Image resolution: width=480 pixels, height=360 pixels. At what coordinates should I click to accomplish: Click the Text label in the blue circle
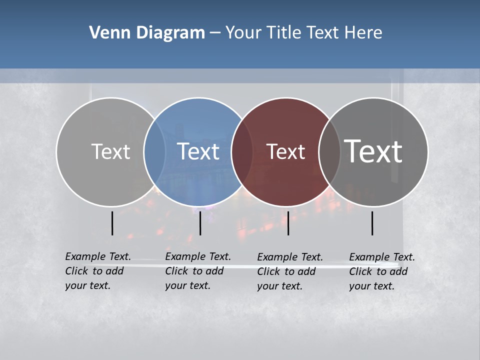tap(198, 151)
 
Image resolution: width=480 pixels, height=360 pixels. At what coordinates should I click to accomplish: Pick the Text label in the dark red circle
tap(285, 151)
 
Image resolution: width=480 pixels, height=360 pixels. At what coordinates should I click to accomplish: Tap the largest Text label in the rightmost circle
tap(373, 151)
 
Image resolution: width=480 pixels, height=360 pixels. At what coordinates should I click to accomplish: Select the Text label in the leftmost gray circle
tap(110, 151)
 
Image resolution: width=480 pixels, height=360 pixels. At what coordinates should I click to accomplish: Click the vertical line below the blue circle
tap(200, 223)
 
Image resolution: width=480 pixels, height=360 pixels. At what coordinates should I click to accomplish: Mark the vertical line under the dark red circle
tap(288, 223)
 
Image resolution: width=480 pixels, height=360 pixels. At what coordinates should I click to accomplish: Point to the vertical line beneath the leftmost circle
tap(112, 223)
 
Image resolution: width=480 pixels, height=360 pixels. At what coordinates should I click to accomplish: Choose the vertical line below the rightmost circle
tap(372, 223)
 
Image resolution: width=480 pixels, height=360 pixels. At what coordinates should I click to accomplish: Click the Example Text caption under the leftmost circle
tap(97, 271)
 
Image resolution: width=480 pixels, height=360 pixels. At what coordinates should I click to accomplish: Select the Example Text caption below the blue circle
tap(197, 271)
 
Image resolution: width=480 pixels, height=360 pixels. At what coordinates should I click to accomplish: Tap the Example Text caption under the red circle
tap(289, 271)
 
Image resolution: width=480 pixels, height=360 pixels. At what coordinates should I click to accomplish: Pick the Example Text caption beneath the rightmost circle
tap(381, 271)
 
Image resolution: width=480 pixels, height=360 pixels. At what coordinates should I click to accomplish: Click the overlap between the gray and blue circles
tap(154, 151)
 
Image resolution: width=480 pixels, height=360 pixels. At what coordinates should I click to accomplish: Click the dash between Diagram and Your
tap(215, 33)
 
